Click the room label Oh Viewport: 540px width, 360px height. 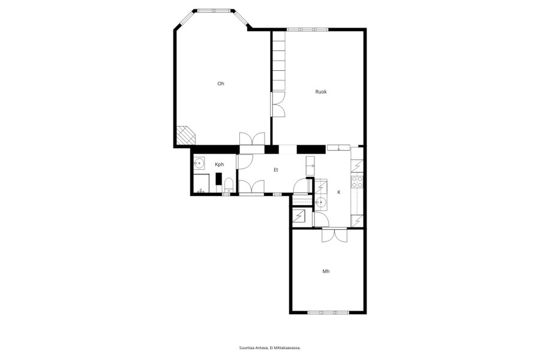[221, 83]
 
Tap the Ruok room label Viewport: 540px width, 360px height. [321, 92]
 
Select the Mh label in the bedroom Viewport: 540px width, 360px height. [326, 271]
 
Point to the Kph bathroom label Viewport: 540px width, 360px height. [220, 164]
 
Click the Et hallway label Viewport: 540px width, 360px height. [276, 169]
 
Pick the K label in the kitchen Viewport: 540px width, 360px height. [339, 192]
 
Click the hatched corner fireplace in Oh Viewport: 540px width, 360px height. [185, 136]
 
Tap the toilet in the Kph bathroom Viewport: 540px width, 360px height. [229, 185]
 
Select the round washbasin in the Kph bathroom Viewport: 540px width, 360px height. [199, 163]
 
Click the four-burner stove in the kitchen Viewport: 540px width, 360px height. [357, 182]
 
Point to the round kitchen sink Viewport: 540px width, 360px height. [322, 202]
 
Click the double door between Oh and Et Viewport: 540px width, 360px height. [252, 139]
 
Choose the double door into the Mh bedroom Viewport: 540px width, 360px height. [334, 235]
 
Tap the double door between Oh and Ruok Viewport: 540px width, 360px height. [278, 104]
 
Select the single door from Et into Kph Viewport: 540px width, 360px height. [245, 161]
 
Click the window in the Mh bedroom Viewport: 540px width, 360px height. [328, 313]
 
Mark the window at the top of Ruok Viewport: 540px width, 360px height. [308, 29]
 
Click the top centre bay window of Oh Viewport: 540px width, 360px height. [214, 11]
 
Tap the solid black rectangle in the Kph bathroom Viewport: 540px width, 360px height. [218, 178]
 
